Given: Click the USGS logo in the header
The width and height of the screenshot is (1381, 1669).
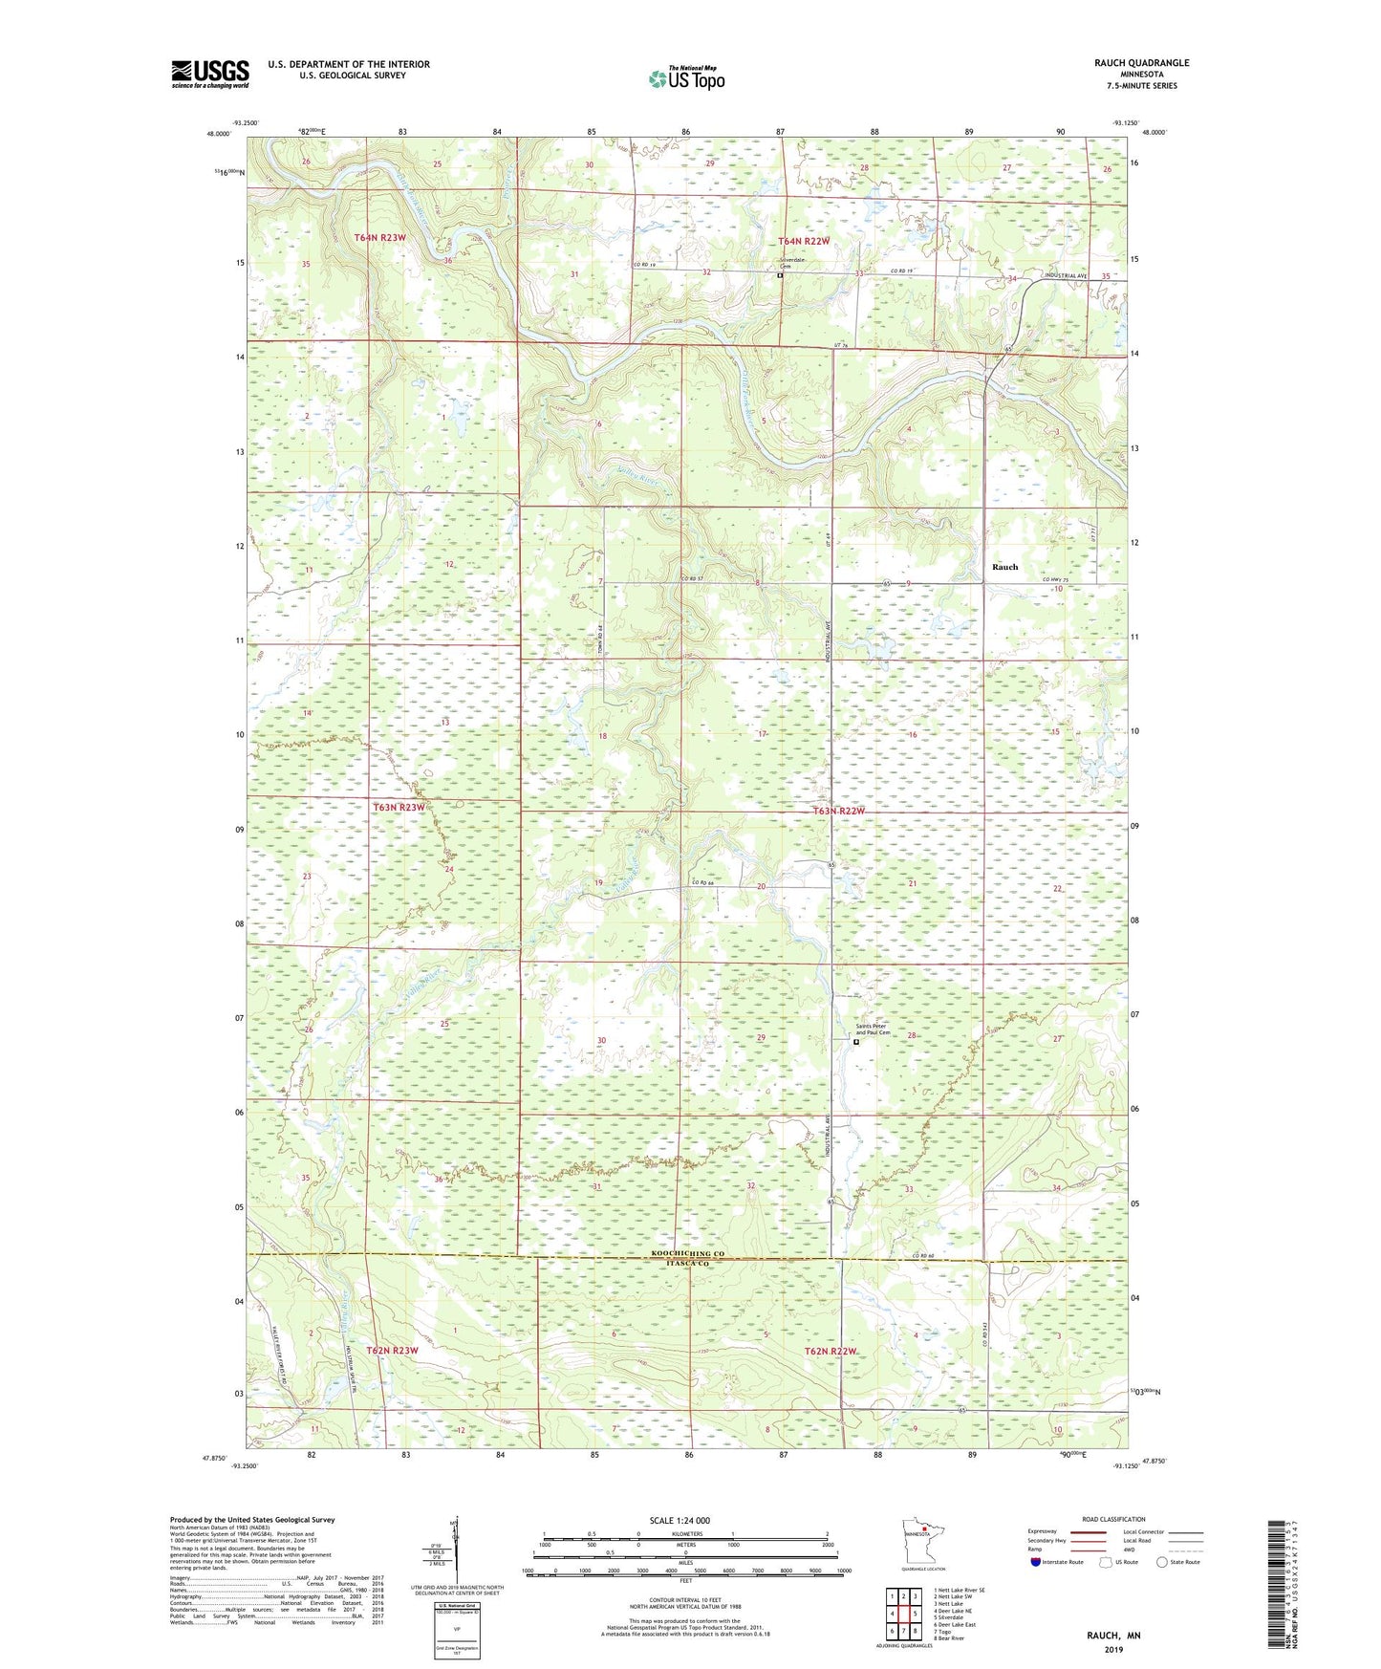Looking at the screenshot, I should (x=210, y=74).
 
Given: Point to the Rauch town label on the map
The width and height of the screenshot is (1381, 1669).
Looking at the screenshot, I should (x=1004, y=567).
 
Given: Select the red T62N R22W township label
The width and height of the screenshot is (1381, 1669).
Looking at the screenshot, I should (x=831, y=1351).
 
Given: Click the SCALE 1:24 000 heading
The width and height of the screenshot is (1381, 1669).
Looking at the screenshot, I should (x=679, y=1520).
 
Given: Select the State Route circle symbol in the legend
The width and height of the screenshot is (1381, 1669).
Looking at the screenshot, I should (x=1162, y=1563).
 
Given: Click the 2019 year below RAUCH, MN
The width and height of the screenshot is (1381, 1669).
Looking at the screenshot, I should (x=1113, y=1649).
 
